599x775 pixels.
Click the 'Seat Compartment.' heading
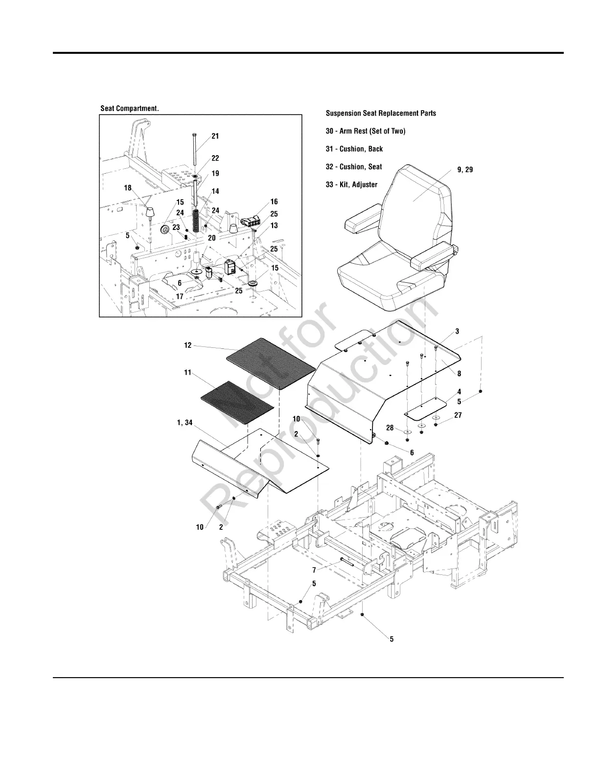click(130, 109)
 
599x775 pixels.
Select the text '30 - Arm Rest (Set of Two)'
click(366, 131)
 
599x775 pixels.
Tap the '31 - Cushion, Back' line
click(354, 149)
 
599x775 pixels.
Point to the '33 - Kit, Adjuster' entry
click(352, 184)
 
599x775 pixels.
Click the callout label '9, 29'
click(465, 170)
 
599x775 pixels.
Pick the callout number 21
click(215, 137)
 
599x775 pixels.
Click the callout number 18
click(128, 188)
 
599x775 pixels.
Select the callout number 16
click(274, 202)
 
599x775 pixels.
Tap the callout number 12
click(188, 345)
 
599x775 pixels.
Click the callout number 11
click(187, 373)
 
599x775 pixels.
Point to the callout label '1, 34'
click(184, 423)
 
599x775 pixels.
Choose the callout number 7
click(314, 570)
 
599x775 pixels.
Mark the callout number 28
click(390, 428)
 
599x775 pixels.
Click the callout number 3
click(457, 331)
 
